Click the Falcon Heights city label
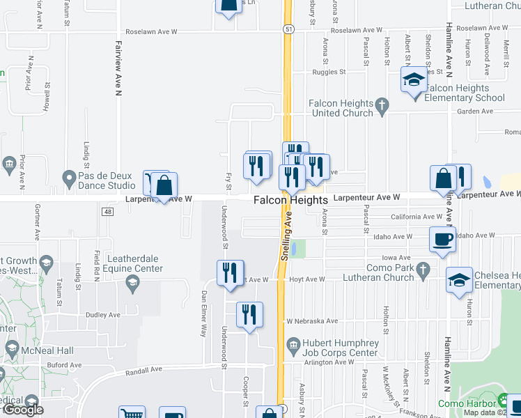(x=290, y=200)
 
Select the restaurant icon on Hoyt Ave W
(x=231, y=272)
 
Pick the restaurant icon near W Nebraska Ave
(x=249, y=314)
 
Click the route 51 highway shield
(x=288, y=29)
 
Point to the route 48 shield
(x=107, y=211)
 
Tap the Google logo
(x=23, y=410)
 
